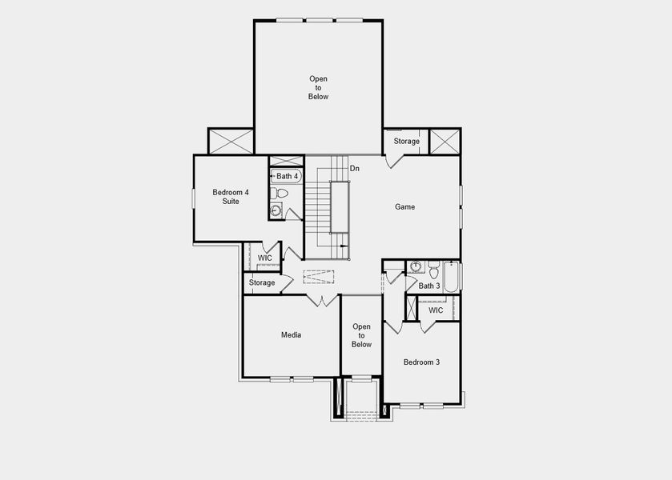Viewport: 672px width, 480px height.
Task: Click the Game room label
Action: click(x=404, y=206)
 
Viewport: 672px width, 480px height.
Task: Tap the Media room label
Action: click(x=291, y=334)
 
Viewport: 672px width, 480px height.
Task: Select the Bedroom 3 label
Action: click(x=421, y=362)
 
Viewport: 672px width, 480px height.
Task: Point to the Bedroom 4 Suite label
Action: click(x=231, y=196)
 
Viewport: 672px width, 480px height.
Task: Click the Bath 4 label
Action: click(x=287, y=176)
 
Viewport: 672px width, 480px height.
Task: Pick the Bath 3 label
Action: click(x=429, y=286)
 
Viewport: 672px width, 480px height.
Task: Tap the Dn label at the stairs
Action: click(x=355, y=168)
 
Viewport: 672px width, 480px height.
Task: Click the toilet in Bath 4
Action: click(x=280, y=194)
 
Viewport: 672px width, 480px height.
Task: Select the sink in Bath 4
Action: click(x=276, y=210)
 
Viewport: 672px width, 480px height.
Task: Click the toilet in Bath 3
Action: click(x=433, y=268)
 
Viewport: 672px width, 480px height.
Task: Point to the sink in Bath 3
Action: click(x=416, y=266)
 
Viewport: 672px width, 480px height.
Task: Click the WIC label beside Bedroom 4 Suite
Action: click(x=265, y=258)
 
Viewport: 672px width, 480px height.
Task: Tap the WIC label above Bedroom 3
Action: click(x=436, y=310)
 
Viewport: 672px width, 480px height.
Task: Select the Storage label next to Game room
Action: click(x=406, y=141)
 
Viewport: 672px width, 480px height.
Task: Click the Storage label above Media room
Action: click(x=262, y=282)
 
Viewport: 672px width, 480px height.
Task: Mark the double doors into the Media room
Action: click(x=323, y=301)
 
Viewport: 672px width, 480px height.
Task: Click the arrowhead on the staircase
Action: click(x=344, y=246)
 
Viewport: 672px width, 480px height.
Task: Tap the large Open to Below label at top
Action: click(x=318, y=87)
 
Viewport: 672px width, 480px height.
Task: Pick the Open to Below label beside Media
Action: click(x=361, y=335)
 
